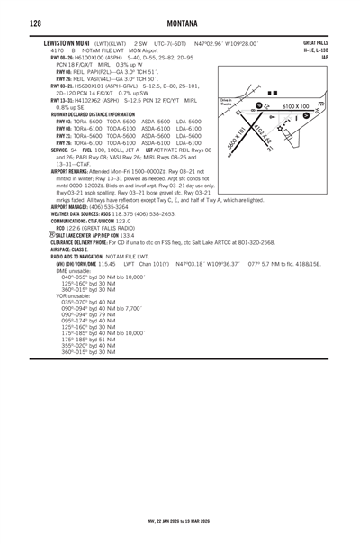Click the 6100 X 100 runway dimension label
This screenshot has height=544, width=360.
pos(299,105)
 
